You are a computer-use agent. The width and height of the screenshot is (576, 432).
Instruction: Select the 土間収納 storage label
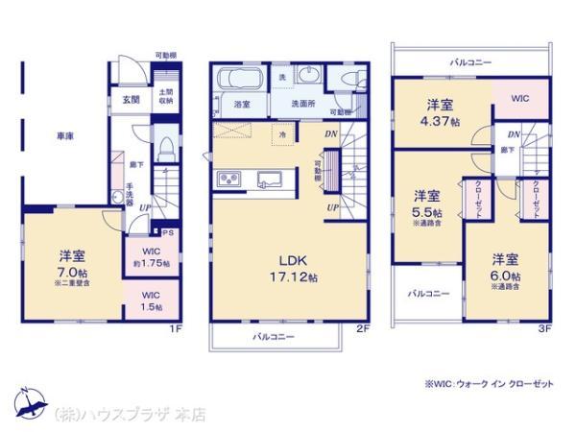[x=165, y=96]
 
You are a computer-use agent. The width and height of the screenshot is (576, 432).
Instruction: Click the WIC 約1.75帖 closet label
[x=152, y=256]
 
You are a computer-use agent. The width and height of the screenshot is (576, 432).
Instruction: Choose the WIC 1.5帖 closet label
[x=151, y=300]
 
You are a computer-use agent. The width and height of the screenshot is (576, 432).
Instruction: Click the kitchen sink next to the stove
[x=269, y=178]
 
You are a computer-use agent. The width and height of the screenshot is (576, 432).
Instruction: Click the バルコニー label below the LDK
[x=275, y=337]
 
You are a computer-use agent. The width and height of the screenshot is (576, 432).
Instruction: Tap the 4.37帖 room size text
[x=444, y=122]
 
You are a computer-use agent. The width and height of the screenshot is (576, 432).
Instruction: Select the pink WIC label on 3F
[x=519, y=98]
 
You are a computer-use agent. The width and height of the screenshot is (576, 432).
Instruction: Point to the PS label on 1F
[x=167, y=231]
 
